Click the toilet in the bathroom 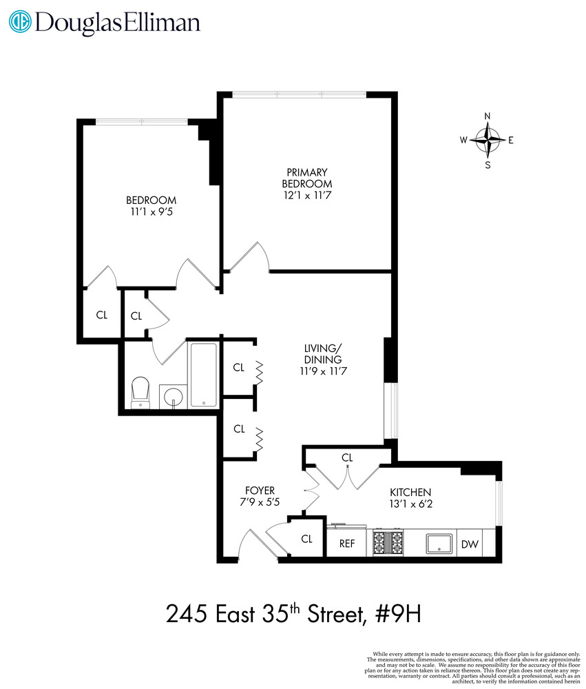[x=140, y=392]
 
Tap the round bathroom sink [x=174, y=397]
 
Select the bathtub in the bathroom [x=203, y=376]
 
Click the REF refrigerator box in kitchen [x=347, y=544]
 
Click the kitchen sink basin [x=439, y=543]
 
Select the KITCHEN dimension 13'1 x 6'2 [x=411, y=504]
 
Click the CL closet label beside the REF [x=306, y=539]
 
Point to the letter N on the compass [x=488, y=116]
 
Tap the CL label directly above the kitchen [x=347, y=457]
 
